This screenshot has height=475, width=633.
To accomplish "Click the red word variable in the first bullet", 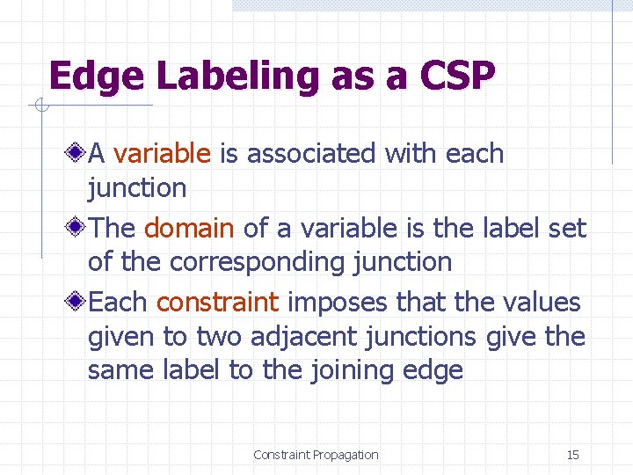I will pyautogui.click(x=163, y=154).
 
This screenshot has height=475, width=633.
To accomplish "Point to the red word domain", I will pyautogui.click(x=189, y=229).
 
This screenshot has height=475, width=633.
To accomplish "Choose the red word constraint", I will pyautogui.click(x=217, y=303).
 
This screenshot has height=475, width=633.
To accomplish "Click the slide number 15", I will pyautogui.click(x=572, y=455).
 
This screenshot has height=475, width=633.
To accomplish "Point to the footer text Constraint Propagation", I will pyautogui.click(x=316, y=455).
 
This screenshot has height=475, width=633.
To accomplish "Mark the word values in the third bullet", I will pyautogui.click(x=541, y=303).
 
